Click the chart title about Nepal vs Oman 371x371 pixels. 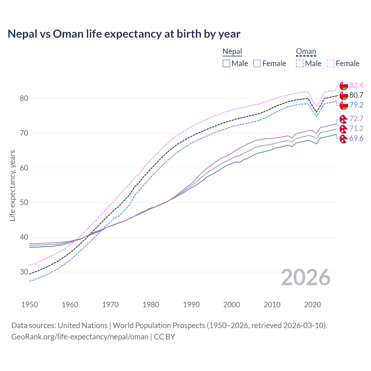[124, 34]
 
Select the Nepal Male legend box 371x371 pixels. [226, 63]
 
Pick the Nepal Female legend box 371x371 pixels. [257, 63]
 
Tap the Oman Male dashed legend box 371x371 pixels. [300, 63]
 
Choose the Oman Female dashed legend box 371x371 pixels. [330, 63]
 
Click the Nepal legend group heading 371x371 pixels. [232, 52]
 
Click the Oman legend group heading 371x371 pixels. [306, 52]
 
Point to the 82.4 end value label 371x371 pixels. [356, 85]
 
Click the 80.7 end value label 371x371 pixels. [356, 95]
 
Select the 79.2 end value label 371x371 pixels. [356, 105]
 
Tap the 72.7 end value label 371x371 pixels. [356, 119]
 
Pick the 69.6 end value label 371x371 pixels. [356, 138]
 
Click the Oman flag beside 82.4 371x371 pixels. [344, 86]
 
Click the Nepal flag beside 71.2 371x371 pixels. [344, 129]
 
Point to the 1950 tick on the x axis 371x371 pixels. [30, 305]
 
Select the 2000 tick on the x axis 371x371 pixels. [232, 305]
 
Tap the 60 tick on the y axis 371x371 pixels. [24, 168]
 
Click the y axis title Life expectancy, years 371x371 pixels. [12, 185]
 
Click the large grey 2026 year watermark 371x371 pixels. [305, 277]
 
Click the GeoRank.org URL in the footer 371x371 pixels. [80, 337]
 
